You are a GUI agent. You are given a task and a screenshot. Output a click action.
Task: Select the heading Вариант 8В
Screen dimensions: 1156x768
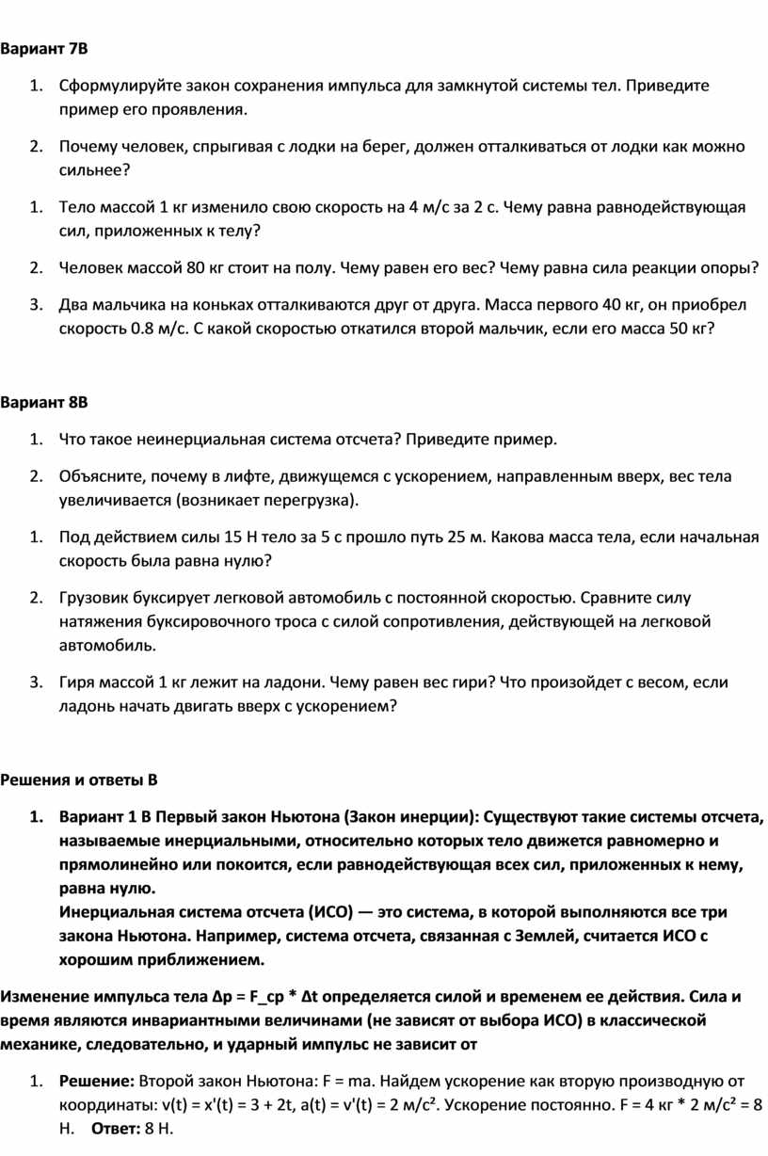[x=43, y=403]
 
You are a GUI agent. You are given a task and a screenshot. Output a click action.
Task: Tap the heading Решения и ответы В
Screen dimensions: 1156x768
[x=78, y=780]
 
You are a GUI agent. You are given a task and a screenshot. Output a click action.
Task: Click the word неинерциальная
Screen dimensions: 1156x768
[x=200, y=439]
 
